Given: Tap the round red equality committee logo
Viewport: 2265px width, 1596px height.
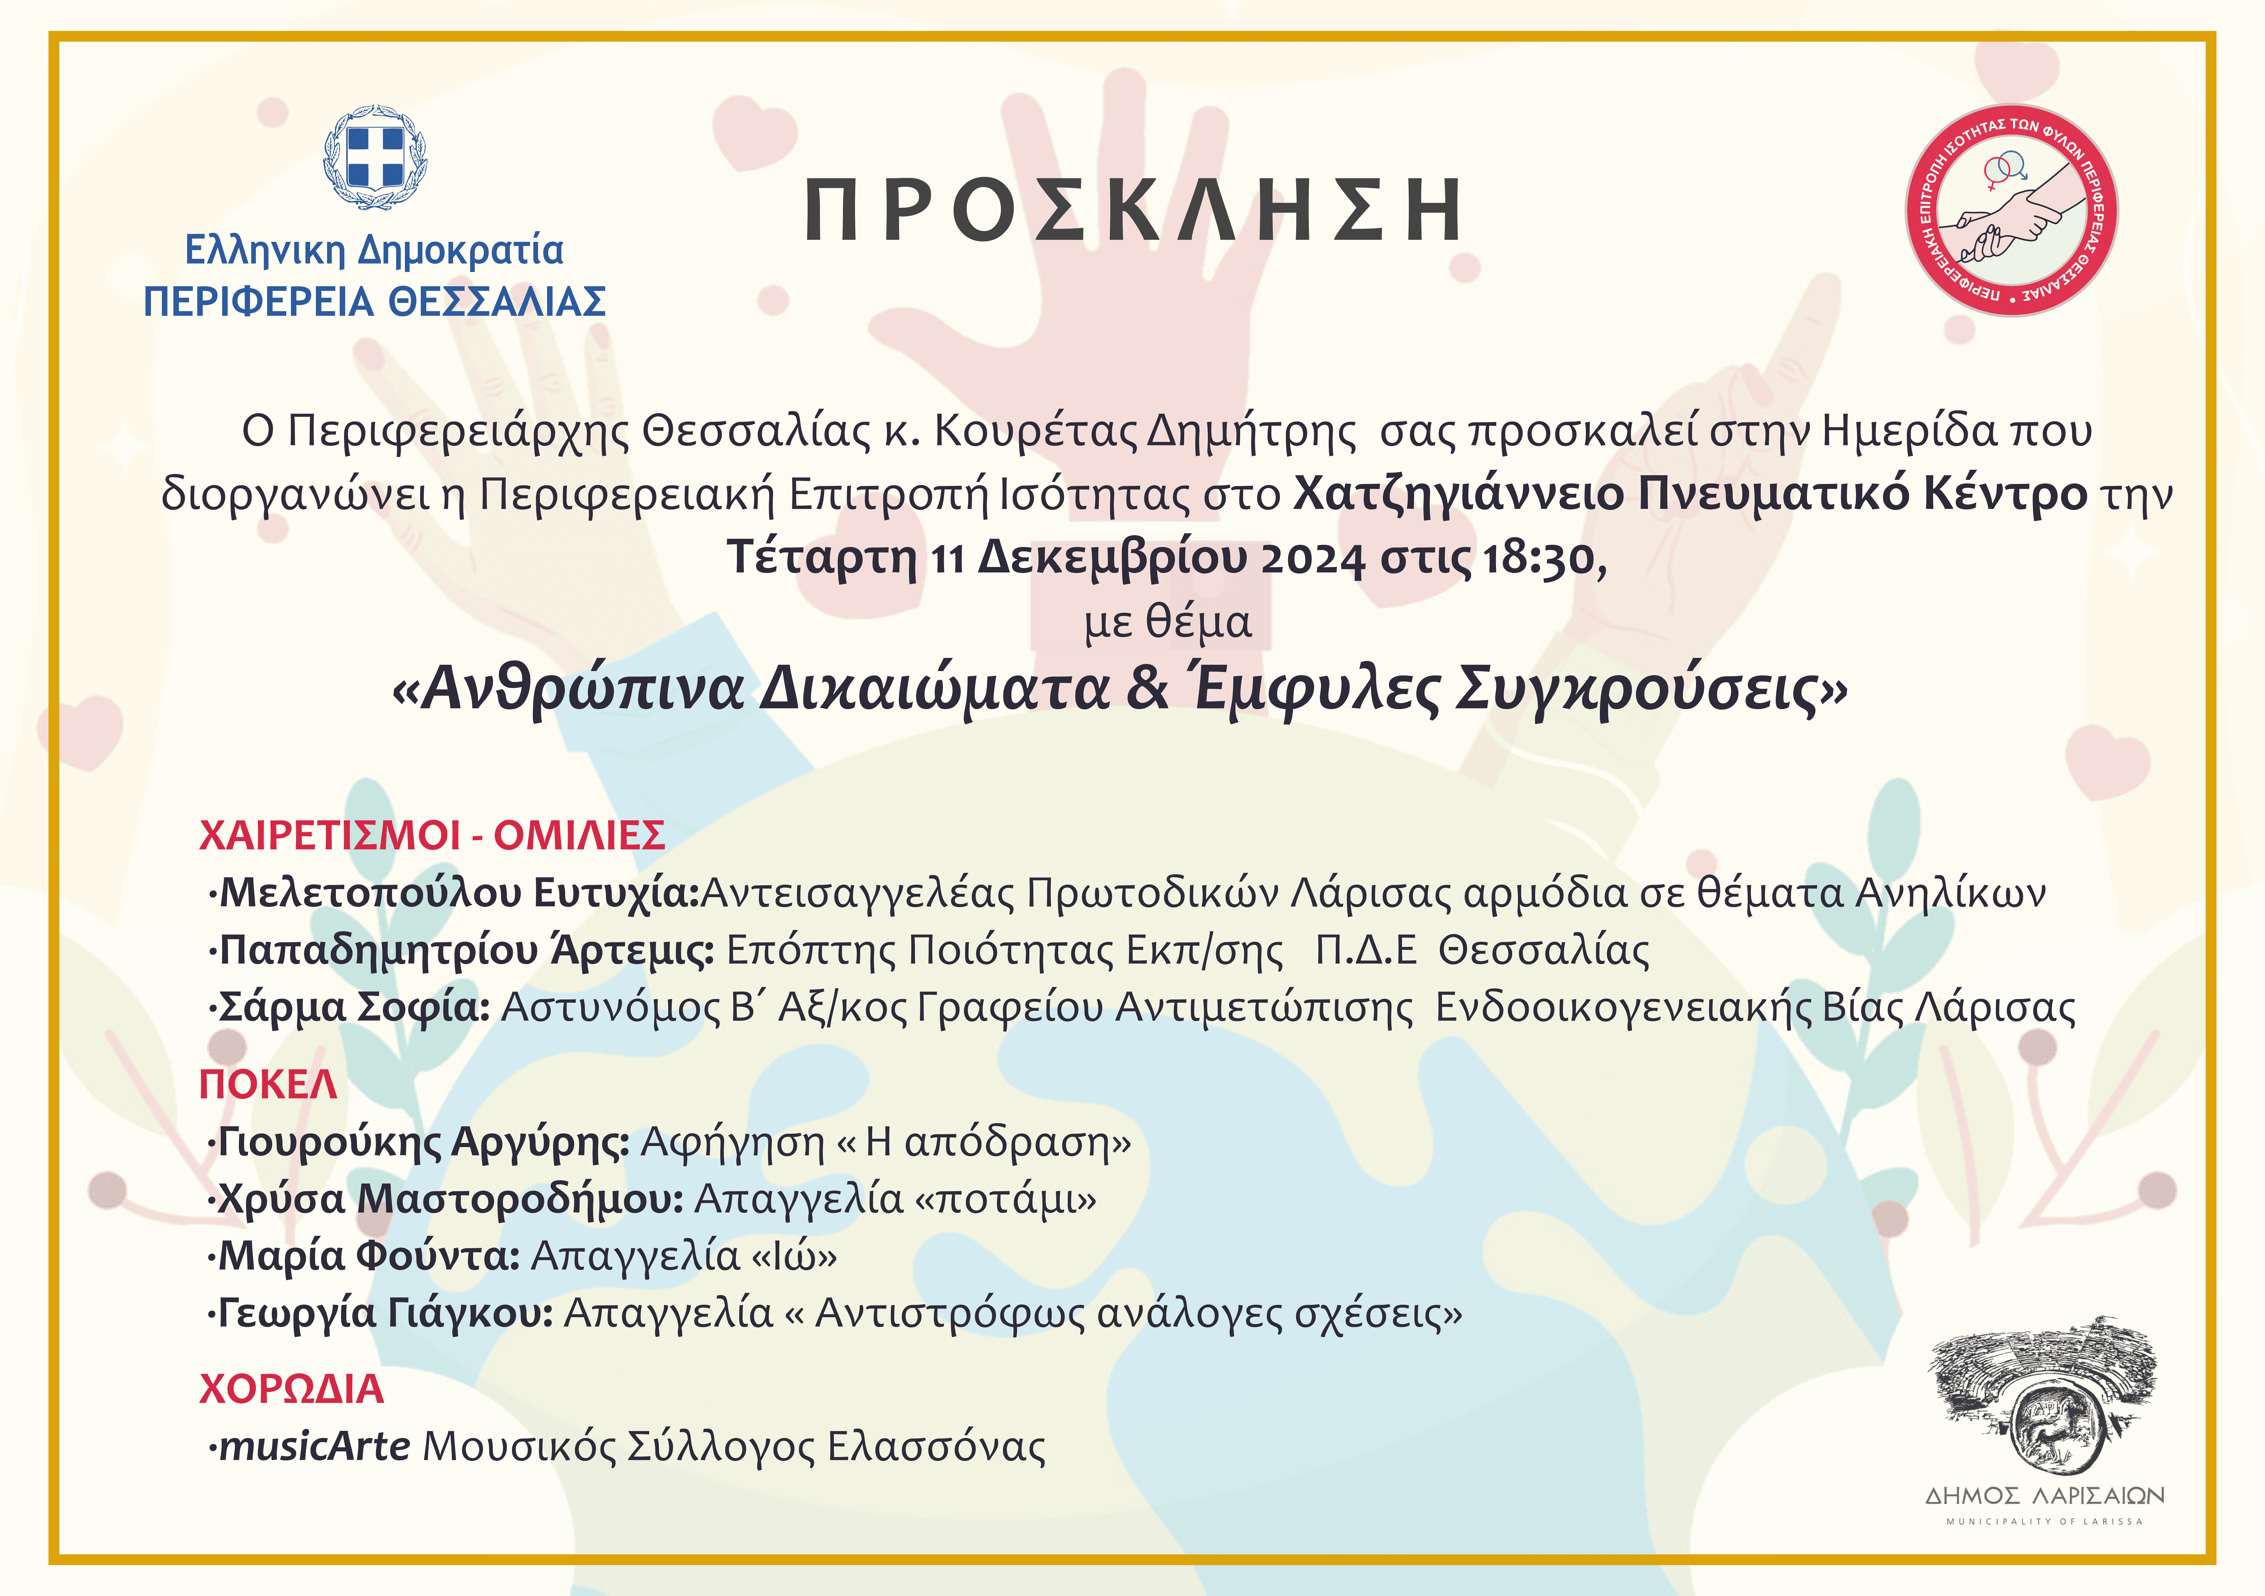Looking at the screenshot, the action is click(x=2012, y=210).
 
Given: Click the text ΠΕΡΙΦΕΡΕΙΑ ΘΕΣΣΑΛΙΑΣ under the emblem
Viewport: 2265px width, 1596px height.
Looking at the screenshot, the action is click(x=375, y=302).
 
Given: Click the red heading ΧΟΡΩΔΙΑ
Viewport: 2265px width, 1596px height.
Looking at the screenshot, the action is click(x=291, y=1389).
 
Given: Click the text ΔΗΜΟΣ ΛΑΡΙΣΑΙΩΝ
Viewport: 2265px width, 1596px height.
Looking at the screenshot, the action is click(x=2045, y=1495).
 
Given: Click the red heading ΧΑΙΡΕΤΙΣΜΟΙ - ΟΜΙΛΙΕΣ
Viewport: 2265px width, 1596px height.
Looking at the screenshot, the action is click(x=432, y=835).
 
